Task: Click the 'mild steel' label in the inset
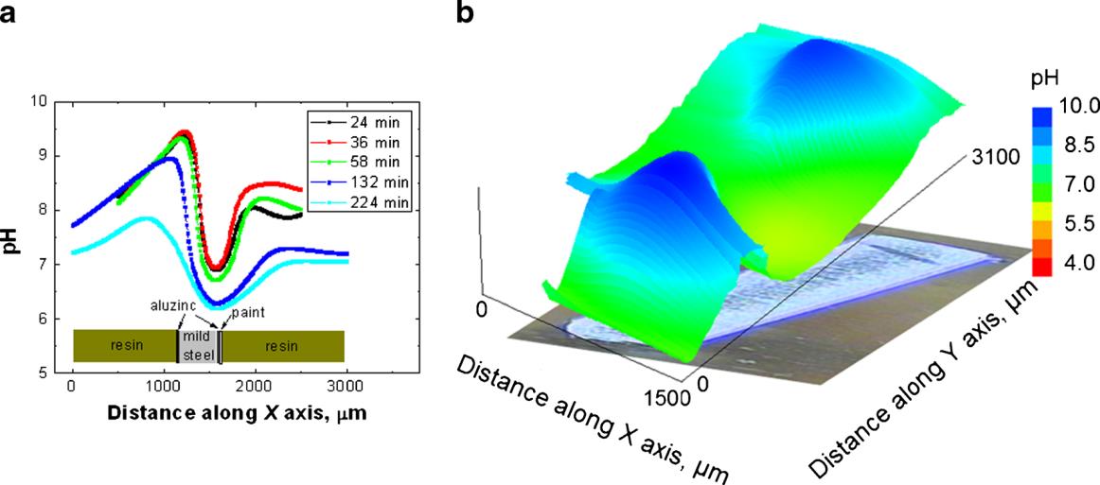pyautogui.click(x=198, y=344)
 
